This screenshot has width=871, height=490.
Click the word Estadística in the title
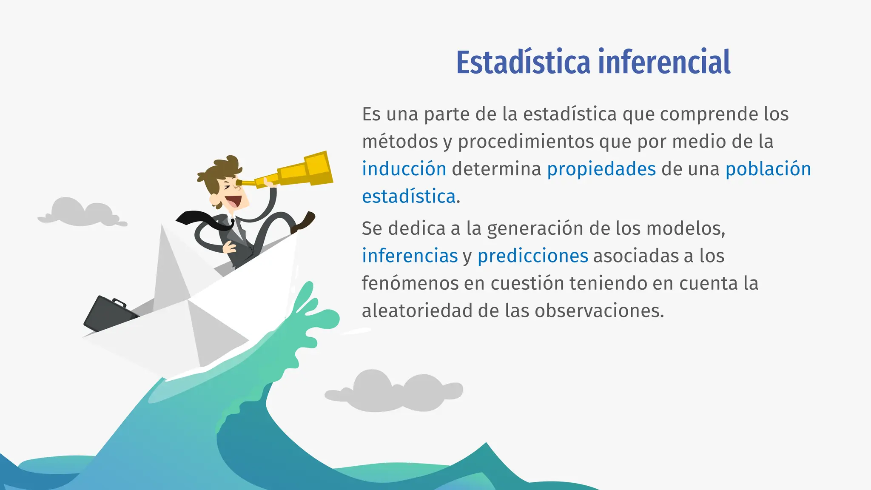click(524, 62)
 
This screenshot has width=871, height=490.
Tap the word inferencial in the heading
click(664, 62)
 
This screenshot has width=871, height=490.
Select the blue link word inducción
click(404, 169)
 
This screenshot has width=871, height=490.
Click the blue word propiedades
click(601, 169)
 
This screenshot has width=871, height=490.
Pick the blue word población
click(768, 169)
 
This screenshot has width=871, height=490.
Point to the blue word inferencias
click(410, 256)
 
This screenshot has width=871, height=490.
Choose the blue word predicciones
click(532, 256)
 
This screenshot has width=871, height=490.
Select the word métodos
click(400, 142)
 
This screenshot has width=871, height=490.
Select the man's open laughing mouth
click(233, 201)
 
